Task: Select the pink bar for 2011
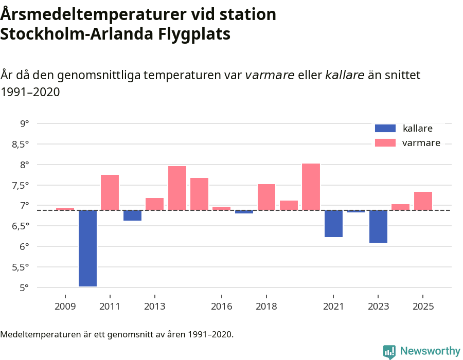coord(110,192)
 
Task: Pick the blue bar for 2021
coord(333,224)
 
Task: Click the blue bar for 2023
coord(378,226)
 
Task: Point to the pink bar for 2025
coord(423,201)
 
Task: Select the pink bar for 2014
coord(177,188)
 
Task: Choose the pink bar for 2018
coord(266,197)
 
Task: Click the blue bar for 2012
coord(132,215)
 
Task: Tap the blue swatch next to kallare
coord(385,129)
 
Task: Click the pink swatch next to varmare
coord(385,143)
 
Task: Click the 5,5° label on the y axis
coord(20,267)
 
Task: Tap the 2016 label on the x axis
coord(222,307)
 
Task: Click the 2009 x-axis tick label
coord(65,307)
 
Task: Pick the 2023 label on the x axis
coord(378,307)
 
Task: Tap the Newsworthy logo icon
coord(389,351)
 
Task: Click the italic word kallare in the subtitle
coord(345,75)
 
